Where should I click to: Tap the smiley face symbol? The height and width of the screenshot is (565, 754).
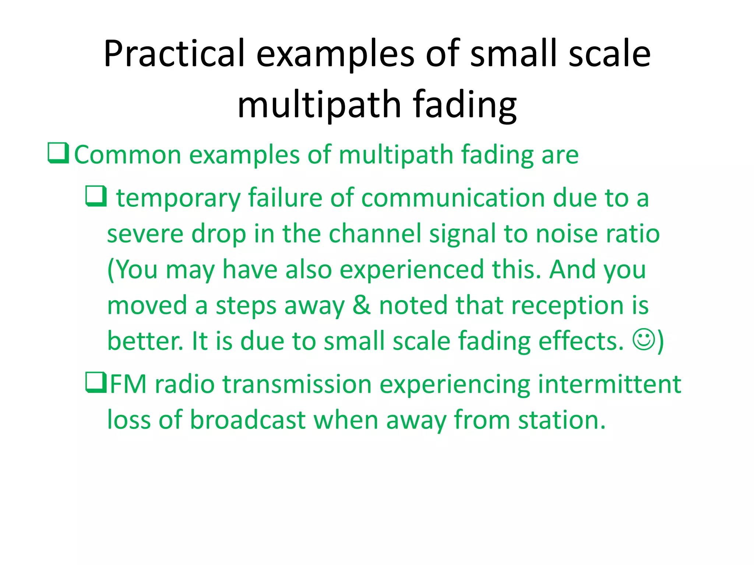644,340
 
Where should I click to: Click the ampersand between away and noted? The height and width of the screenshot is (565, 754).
361,305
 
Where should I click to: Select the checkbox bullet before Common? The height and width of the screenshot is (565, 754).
58,153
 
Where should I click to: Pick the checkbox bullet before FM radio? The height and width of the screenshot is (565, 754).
96,383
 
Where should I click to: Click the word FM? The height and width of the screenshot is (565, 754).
128,384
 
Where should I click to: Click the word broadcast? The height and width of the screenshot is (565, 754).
247,420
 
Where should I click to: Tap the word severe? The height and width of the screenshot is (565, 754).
145,234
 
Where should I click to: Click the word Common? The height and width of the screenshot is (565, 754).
127,154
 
